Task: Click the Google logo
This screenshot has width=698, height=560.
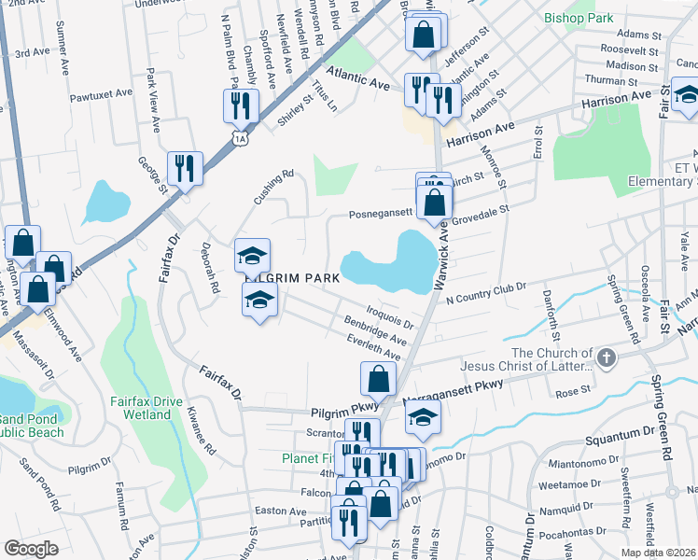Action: (31, 548)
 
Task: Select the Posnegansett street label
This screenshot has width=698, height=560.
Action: (380, 213)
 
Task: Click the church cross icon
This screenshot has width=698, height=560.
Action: (607, 357)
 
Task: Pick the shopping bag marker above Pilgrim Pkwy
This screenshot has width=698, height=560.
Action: (378, 379)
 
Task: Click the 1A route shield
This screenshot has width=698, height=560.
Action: (240, 138)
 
